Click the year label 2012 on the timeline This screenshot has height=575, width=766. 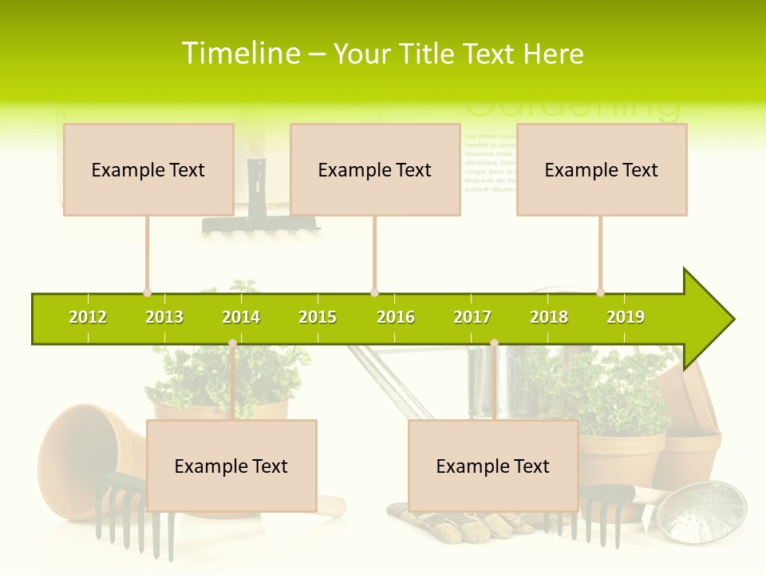pyautogui.click(x=88, y=317)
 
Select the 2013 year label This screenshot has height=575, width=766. pyautogui.click(x=164, y=317)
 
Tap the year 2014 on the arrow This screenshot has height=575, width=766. pyautogui.click(x=241, y=317)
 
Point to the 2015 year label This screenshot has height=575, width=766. pyautogui.click(x=318, y=317)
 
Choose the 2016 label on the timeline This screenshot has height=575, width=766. pyautogui.click(x=396, y=317)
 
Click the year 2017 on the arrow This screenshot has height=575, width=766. pyautogui.click(x=472, y=317)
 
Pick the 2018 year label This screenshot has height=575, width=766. pyautogui.click(x=549, y=317)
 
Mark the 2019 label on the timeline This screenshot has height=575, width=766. pyautogui.click(x=626, y=317)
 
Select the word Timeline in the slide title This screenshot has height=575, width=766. pyautogui.click(x=239, y=54)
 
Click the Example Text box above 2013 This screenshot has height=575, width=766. pyautogui.click(x=148, y=169)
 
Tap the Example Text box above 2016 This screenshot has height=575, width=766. pyautogui.click(x=375, y=169)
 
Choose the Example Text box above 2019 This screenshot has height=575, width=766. pyautogui.click(x=602, y=169)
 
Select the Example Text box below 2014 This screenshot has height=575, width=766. pyautogui.click(x=231, y=466)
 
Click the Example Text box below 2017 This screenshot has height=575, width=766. pyautogui.click(x=493, y=466)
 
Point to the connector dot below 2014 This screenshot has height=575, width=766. pyautogui.click(x=232, y=343)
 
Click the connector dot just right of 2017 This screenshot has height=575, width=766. pyautogui.click(x=494, y=343)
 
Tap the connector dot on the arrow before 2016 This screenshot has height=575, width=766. pyautogui.click(x=374, y=293)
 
